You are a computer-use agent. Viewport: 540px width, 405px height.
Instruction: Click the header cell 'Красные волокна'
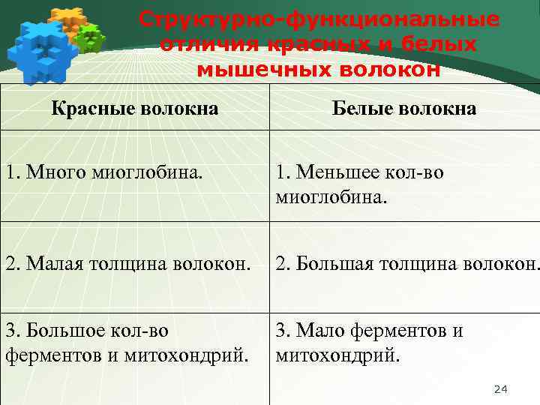pyautogui.click(x=135, y=109)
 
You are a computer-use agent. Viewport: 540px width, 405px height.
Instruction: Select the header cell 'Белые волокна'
pyautogui.click(x=404, y=109)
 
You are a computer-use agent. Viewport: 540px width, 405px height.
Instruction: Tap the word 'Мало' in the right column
pyautogui.click(x=319, y=330)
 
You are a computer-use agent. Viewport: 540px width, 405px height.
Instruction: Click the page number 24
pyautogui.click(x=501, y=388)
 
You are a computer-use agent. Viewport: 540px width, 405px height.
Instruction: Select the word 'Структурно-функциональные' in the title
pyautogui.click(x=319, y=19)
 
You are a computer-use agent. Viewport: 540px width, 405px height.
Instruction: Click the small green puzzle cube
pyautogui.click(x=91, y=37)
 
